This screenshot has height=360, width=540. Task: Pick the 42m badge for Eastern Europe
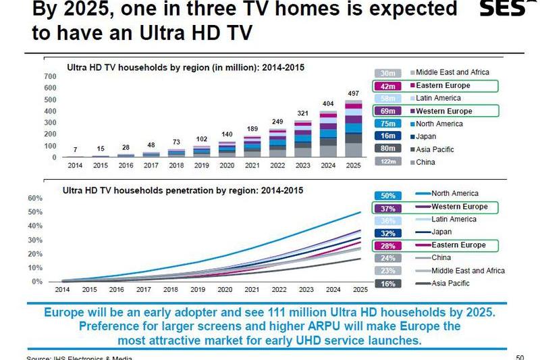pos(387,86)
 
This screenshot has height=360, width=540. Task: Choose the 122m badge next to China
pos(387,162)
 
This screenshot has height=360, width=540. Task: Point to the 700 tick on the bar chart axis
pos(51,76)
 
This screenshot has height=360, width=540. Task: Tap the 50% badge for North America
pos(387,195)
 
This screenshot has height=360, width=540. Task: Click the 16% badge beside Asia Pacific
pos(387,284)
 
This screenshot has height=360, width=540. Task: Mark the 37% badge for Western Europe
pos(387,207)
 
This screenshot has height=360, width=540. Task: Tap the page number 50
pos(519,357)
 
